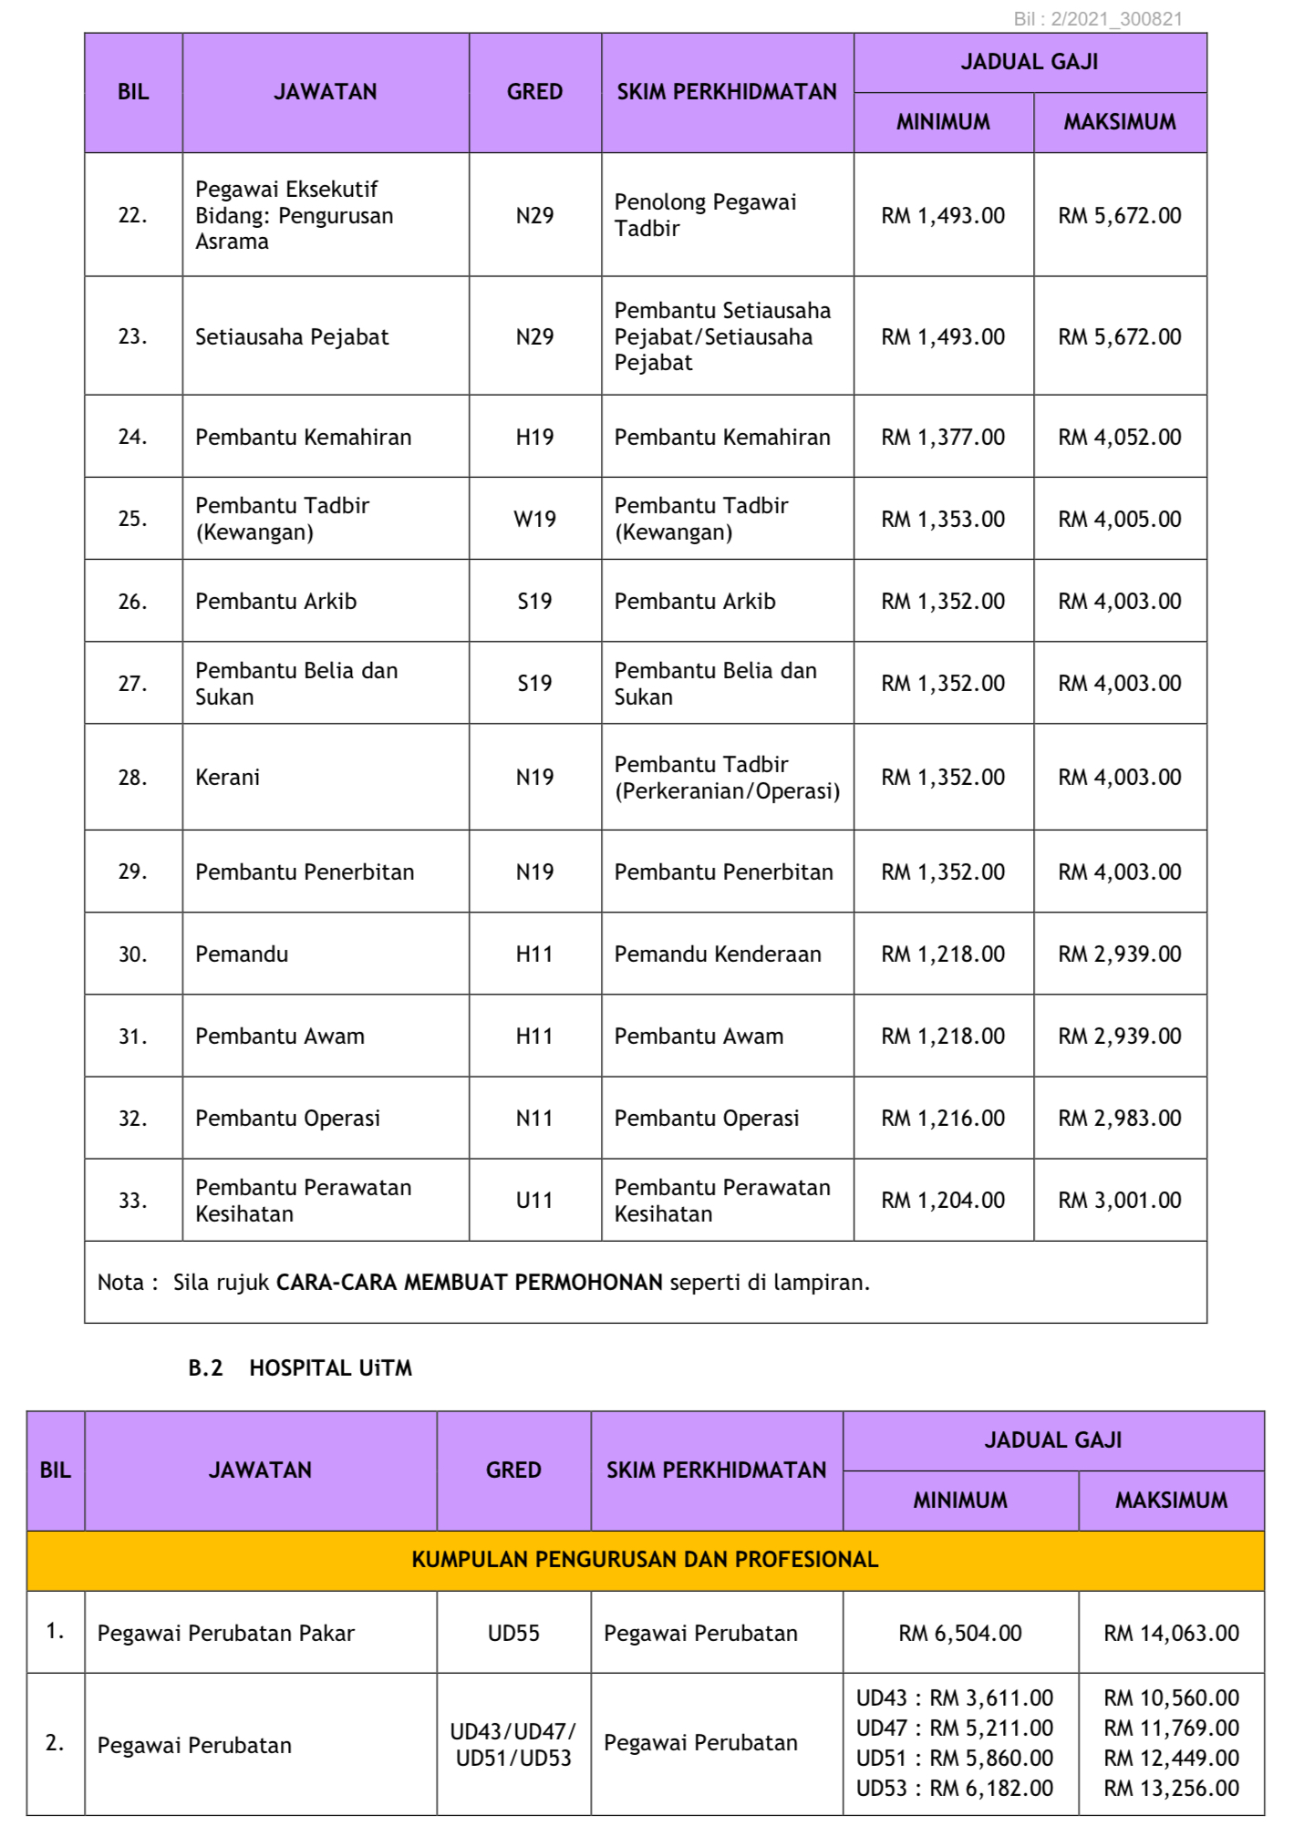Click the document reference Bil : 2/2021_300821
(x=1098, y=19)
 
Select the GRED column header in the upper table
(x=534, y=92)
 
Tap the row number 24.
(x=132, y=437)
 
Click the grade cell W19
(x=534, y=519)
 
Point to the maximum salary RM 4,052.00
(x=1119, y=438)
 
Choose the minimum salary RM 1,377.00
(x=943, y=438)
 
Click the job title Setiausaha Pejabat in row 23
(x=292, y=337)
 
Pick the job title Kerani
(x=228, y=778)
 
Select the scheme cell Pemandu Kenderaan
(x=718, y=954)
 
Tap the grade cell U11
(x=534, y=1201)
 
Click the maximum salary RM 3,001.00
(x=1119, y=1201)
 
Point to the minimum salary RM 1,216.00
(x=943, y=1119)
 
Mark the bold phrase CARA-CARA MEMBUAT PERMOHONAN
(x=470, y=1283)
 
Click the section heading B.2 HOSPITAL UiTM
(x=300, y=1368)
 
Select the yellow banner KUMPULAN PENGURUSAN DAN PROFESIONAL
(x=645, y=1560)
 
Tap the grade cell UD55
(x=513, y=1634)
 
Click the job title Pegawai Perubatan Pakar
(x=226, y=1634)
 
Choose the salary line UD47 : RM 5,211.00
(x=954, y=1728)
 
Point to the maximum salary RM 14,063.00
(x=1171, y=1634)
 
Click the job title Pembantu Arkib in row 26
(x=275, y=602)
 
